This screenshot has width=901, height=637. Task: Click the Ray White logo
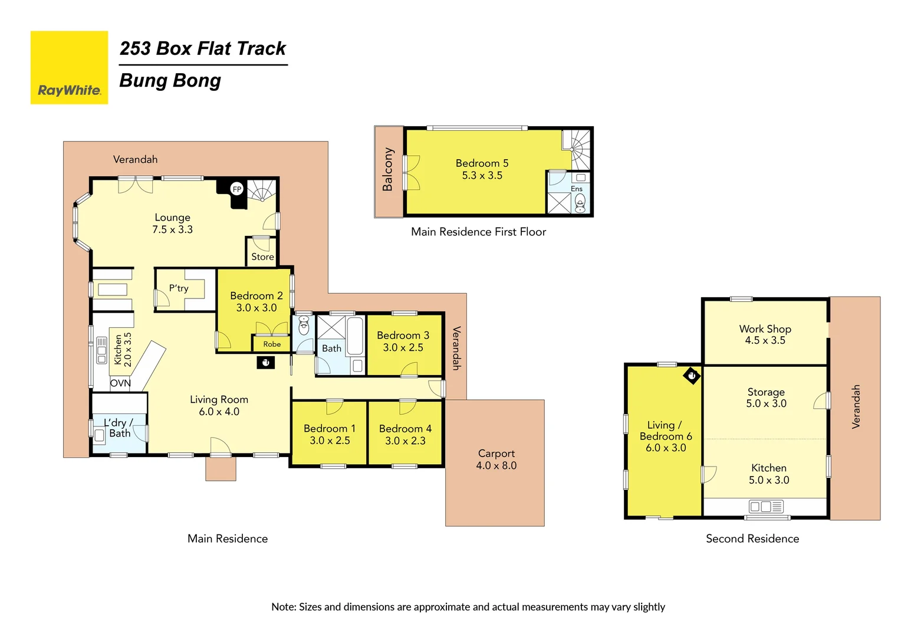click(x=69, y=68)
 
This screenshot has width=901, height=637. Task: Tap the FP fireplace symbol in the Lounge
click(x=236, y=189)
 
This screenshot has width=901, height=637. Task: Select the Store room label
click(x=262, y=257)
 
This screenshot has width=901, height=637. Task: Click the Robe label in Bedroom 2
click(x=272, y=344)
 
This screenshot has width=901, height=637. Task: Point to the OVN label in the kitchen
click(x=120, y=383)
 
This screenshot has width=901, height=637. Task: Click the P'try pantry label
click(x=179, y=288)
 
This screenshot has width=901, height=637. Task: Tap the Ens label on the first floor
click(x=576, y=189)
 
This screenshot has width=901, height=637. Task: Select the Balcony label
click(x=387, y=169)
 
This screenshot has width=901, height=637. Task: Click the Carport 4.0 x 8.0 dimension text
click(x=496, y=465)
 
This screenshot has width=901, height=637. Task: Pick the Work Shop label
click(x=765, y=329)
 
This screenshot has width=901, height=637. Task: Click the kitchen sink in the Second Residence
click(x=765, y=507)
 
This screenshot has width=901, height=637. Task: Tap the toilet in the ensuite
click(x=580, y=202)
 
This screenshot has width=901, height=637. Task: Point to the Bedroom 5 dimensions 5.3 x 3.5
click(x=482, y=176)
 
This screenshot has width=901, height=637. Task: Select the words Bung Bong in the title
click(x=170, y=81)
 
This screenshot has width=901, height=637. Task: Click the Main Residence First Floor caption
click(x=478, y=232)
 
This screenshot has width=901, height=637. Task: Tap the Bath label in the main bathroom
click(x=331, y=349)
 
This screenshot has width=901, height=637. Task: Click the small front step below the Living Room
click(x=221, y=468)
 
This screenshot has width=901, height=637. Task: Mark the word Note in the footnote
click(x=283, y=607)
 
